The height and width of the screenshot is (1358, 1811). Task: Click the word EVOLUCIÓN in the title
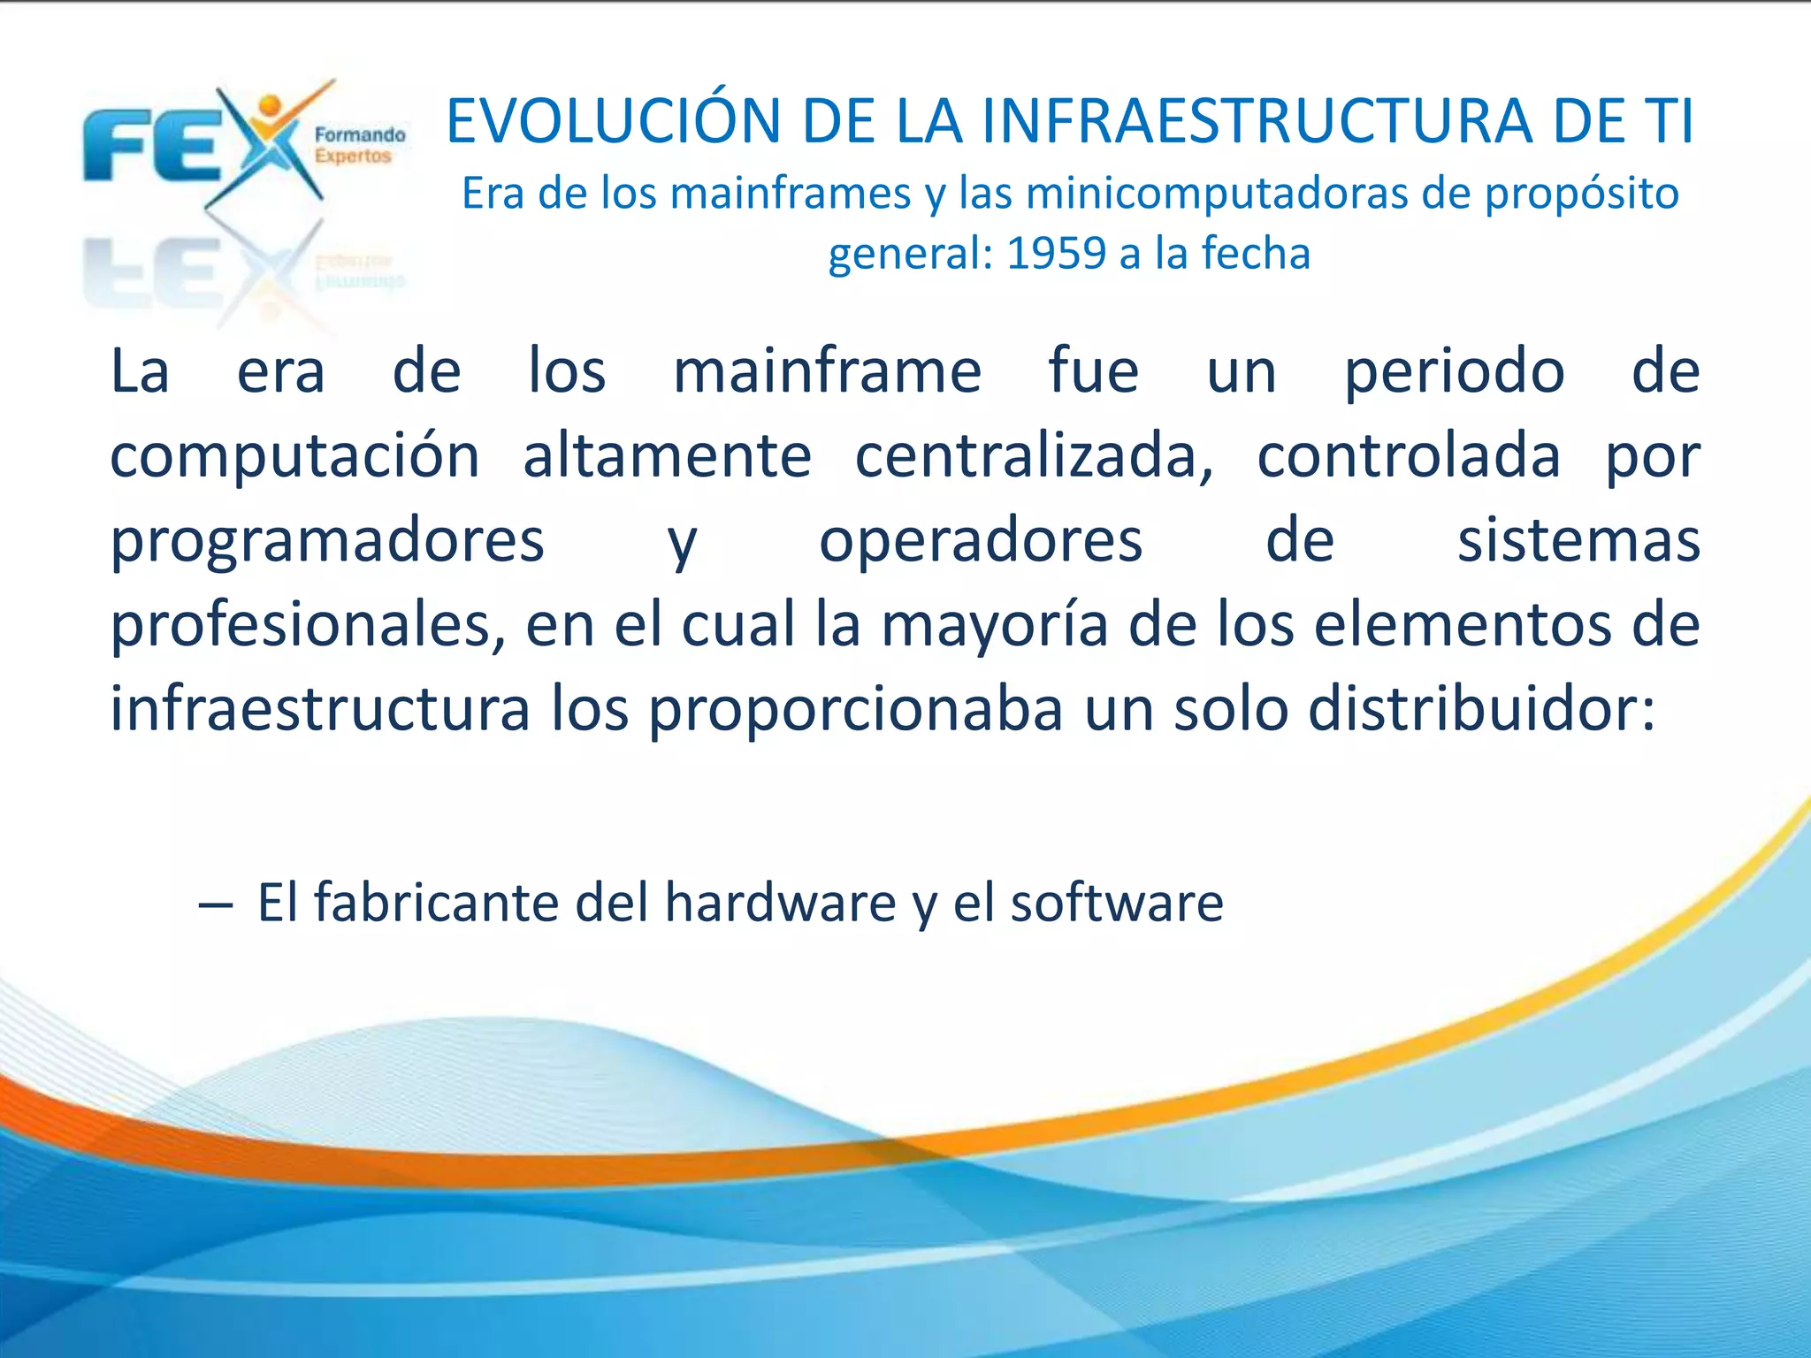(x=614, y=122)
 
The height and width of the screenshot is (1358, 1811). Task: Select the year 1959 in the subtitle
(x=1056, y=254)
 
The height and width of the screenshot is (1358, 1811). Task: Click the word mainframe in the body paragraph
(x=827, y=371)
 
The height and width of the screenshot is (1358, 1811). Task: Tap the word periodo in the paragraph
(x=1454, y=371)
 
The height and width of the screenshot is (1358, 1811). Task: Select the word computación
(x=294, y=456)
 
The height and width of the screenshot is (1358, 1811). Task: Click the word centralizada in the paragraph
(x=1034, y=456)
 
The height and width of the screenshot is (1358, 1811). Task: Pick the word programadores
(x=327, y=541)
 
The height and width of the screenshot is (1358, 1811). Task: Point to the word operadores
(x=981, y=541)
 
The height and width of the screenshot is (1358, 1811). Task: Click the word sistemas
(x=1578, y=541)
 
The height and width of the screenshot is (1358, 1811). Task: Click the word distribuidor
(x=1481, y=709)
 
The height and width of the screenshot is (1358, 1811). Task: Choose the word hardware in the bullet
(x=781, y=904)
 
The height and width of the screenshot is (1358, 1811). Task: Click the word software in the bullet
(x=1117, y=904)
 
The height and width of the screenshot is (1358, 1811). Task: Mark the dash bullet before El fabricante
(x=216, y=905)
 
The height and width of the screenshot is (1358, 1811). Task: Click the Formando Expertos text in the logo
(x=360, y=146)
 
